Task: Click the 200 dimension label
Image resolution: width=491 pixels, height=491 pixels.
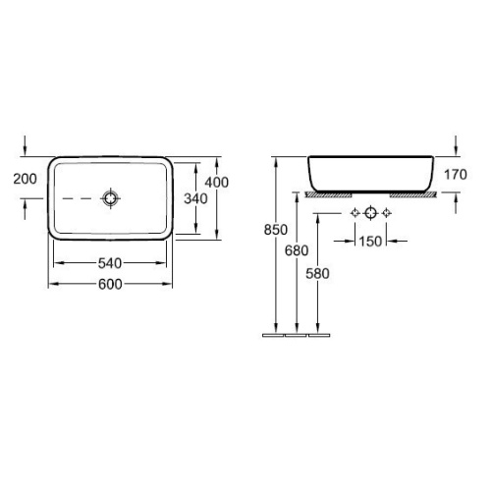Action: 25,179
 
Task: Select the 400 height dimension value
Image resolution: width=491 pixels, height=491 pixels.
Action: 217,183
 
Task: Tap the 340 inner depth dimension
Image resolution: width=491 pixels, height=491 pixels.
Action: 195,198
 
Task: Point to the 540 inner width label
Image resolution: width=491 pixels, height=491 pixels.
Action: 110,263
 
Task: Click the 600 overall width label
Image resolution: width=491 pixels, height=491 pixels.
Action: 110,284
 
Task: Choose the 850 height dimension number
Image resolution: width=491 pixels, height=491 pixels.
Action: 276,230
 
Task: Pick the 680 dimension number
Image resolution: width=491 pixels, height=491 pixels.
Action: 297,250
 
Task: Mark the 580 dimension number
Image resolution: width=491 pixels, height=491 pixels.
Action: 317,274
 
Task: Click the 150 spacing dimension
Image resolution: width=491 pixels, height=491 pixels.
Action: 370,242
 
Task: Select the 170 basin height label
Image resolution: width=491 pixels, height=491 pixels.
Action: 456,175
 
